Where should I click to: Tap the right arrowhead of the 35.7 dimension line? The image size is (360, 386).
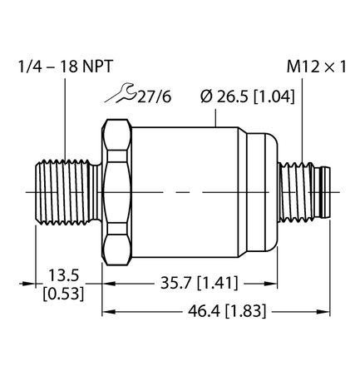point(272,283)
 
